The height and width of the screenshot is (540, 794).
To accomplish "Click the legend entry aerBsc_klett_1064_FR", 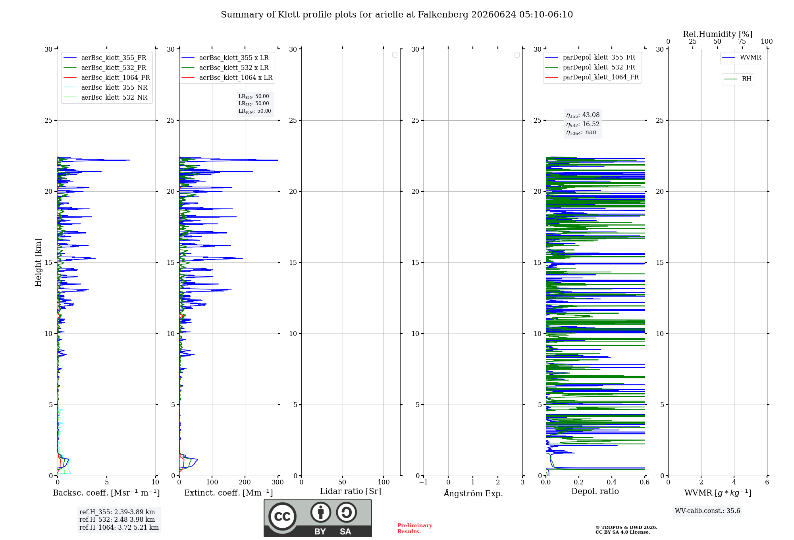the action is tap(107, 77).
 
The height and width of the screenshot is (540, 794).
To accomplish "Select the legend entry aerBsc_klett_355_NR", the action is tap(106, 87).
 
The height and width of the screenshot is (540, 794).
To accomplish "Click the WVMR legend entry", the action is tap(742, 58).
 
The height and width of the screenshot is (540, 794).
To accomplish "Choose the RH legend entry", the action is tap(738, 79).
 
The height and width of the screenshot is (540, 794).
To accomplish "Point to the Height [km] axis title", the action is tap(38, 262).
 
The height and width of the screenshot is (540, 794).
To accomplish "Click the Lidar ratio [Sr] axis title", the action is tap(351, 491).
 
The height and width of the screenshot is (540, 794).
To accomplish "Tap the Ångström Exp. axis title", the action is tap(473, 493).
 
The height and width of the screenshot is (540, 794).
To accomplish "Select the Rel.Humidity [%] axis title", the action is tap(718, 34).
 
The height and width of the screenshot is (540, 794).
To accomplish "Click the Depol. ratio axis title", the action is tap(595, 491).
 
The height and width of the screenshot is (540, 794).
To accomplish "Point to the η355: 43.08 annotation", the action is tap(583, 115).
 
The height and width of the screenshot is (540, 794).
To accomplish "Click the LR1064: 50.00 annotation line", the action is tap(254, 111).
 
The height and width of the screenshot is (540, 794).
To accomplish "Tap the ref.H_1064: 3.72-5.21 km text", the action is tap(119, 527).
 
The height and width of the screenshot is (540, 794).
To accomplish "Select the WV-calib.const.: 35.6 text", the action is tap(707, 511).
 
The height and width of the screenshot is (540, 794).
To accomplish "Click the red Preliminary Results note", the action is tap(415, 528).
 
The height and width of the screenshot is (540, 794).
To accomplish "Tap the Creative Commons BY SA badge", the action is tap(318, 518).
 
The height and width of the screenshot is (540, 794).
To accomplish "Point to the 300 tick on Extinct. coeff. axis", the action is tap(278, 482).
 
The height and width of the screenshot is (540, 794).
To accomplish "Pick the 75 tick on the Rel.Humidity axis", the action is tap(742, 42).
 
